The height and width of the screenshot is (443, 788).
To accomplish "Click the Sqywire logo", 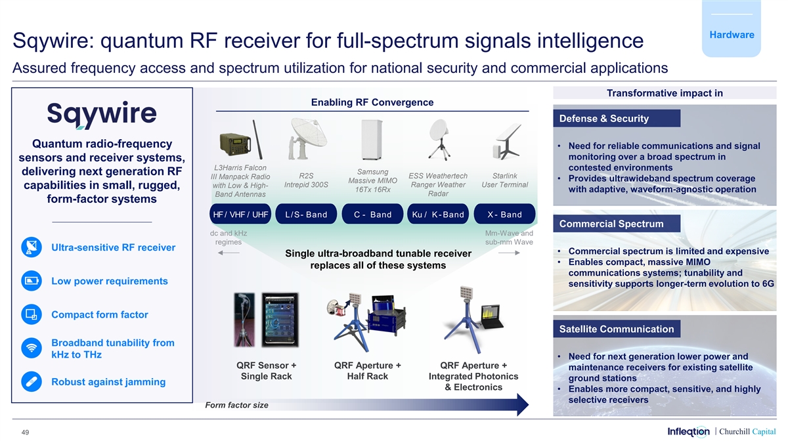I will click(x=101, y=116).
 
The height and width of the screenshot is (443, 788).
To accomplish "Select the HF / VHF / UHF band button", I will click(x=241, y=215).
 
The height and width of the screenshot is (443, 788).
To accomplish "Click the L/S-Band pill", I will click(x=306, y=215).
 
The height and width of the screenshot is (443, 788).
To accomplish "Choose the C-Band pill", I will click(x=372, y=215).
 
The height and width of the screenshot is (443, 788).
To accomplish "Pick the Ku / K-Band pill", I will click(x=438, y=215).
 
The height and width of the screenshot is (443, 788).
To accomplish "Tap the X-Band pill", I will click(x=504, y=215).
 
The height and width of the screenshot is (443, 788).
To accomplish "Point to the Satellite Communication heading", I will click(x=617, y=329).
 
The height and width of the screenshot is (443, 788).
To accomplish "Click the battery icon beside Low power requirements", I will click(x=31, y=282).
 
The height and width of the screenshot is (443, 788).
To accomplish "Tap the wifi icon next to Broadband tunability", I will click(x=31, y=348).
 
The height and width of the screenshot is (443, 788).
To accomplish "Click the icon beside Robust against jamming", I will click(x=31, y=382).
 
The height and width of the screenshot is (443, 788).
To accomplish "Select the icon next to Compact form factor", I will click(x=31, y=314).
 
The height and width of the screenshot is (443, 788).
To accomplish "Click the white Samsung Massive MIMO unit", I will click(x=372, y=138).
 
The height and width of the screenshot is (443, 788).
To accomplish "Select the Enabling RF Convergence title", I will click(x=372, y=102).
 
